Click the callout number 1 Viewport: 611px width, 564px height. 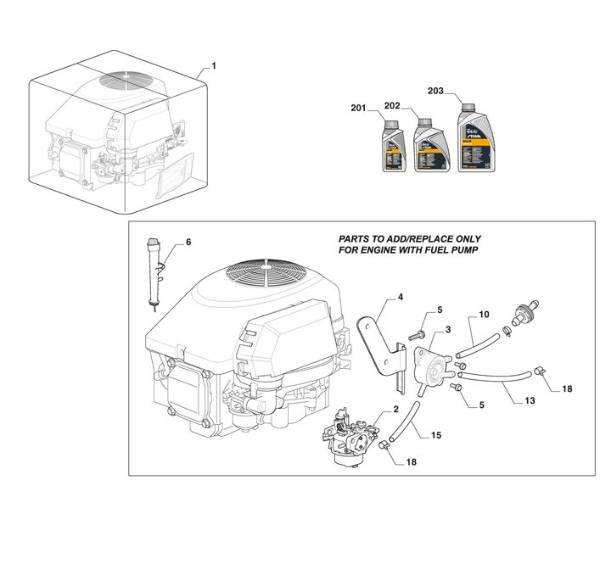click(214, 65)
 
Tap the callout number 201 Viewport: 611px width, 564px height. click(358, 108)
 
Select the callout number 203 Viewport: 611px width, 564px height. click(435, 90)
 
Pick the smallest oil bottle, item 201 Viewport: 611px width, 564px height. click(393, 148)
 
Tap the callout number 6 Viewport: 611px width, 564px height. click(188, 243)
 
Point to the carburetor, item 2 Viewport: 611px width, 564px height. click(350, 434)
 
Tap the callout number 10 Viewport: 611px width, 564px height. click(485, 316)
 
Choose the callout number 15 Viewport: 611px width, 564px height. click(435, 435)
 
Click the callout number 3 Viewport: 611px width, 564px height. click(447, 327)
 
